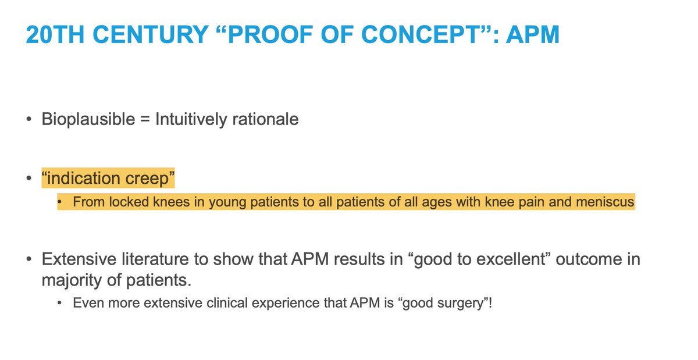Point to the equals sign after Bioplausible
(x=145, y=120)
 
